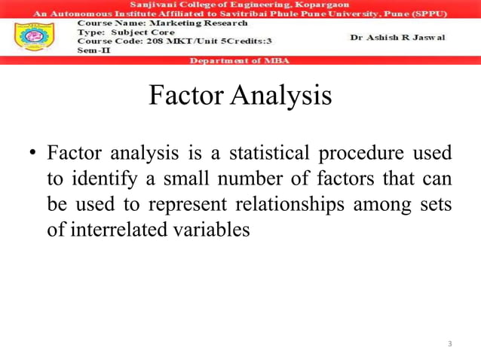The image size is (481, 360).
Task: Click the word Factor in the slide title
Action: [183, 96]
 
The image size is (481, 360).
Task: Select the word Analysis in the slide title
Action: [282, 96]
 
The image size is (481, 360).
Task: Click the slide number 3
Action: [449, 344]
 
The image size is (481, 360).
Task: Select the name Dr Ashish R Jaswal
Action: [397, 37]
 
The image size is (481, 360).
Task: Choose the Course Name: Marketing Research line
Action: [162, 23]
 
